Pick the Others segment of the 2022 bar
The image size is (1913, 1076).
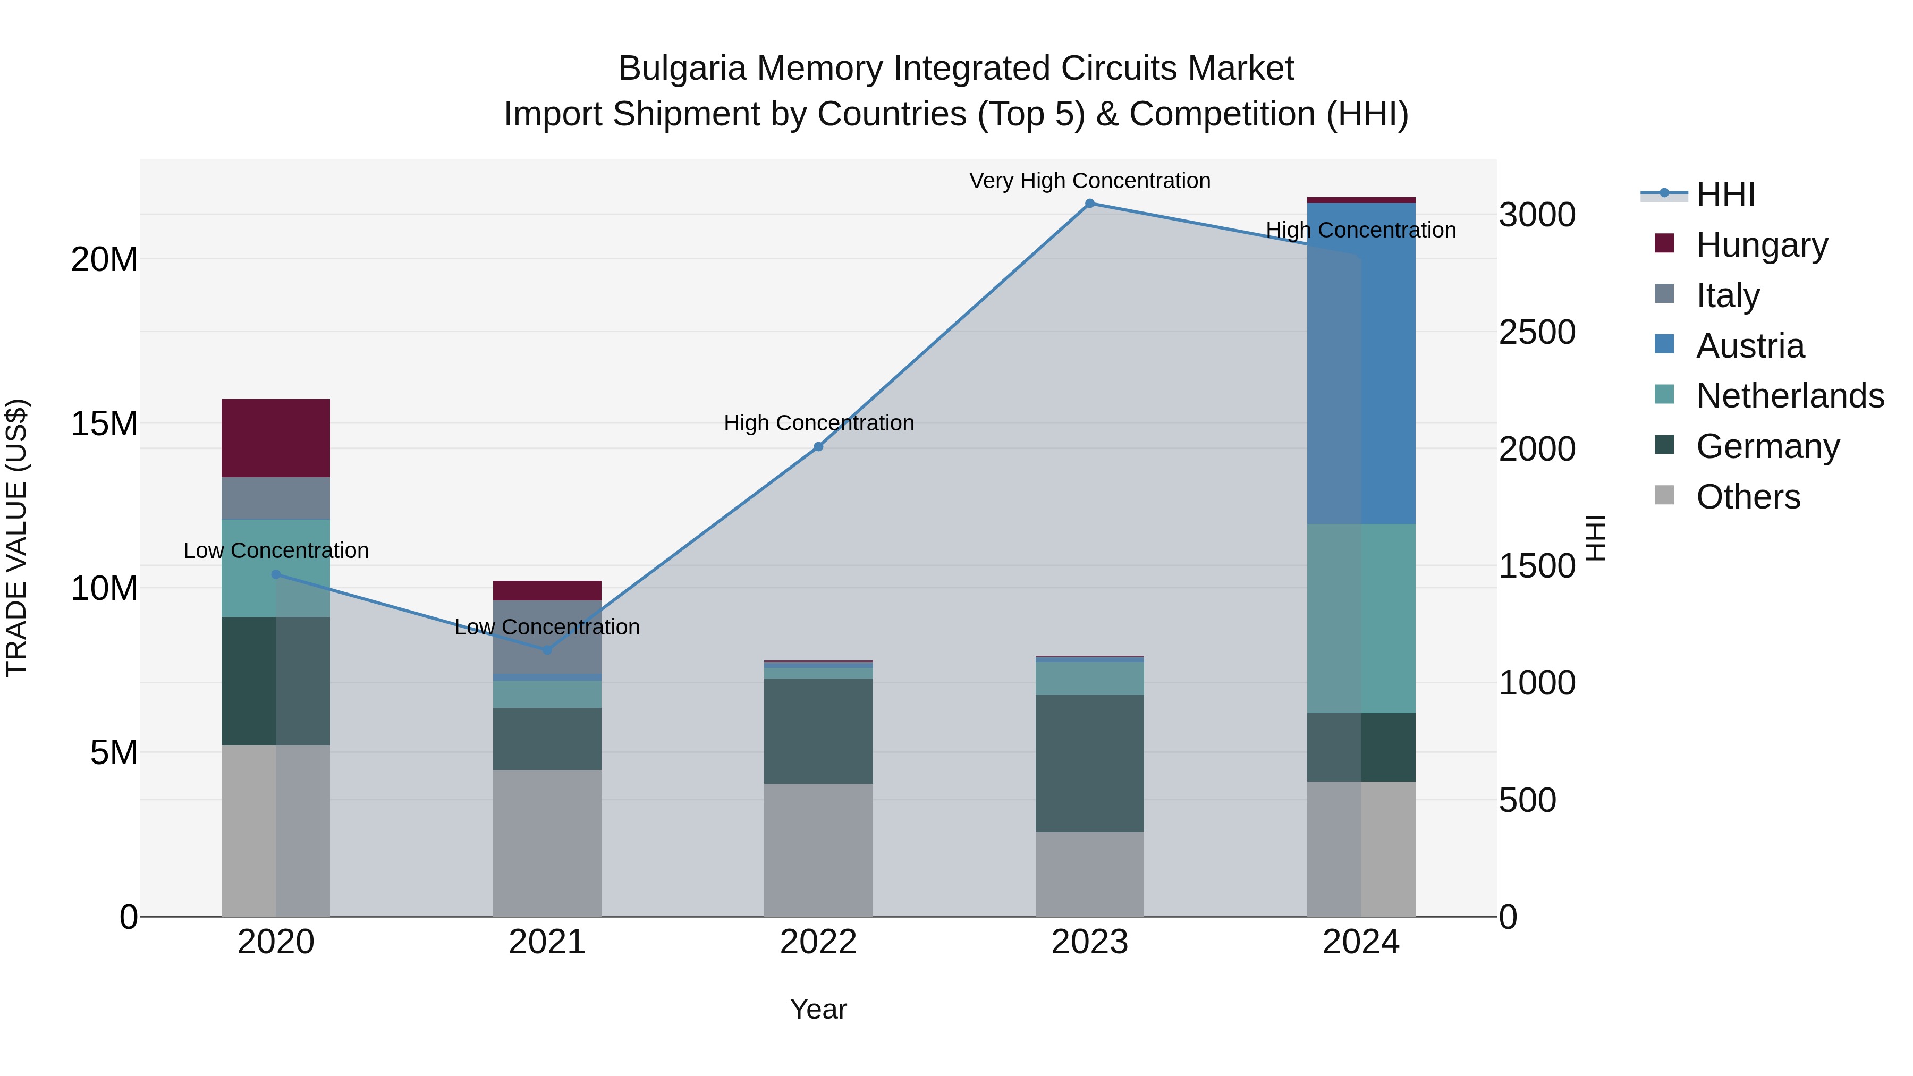pyautogui.click(x=818, y=850)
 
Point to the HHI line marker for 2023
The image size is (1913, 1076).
pyautogui.click(x=1089, y=204)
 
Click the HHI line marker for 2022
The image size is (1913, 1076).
pyautogui.click(x=818, y=446)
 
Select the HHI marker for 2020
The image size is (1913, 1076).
pyautogui.click(x=275, y=574)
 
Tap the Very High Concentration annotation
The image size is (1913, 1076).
pyautogui.click(x=1089, y=181)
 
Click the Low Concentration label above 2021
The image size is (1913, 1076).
pyautogui.click(x=547, y=627)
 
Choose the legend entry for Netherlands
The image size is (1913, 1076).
pyautogui.click(x=1790, y=396)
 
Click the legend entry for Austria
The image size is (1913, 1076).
pyautogui.click(x=1750, y=346)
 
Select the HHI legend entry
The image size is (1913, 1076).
pyautogui.click(x=1725, y=194)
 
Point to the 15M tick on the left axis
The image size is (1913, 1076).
pyautogui.click(x=104, y=424)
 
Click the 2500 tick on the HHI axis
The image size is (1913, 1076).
pyautogui.click(x=1536, y=332)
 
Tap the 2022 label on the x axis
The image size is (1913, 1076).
pyautogui.click(x=818, y=942)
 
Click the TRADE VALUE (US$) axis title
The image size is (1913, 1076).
pyautogui.click(x=16, y=538)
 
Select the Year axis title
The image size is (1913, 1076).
pyautogui.click(x=818, y=1009)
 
